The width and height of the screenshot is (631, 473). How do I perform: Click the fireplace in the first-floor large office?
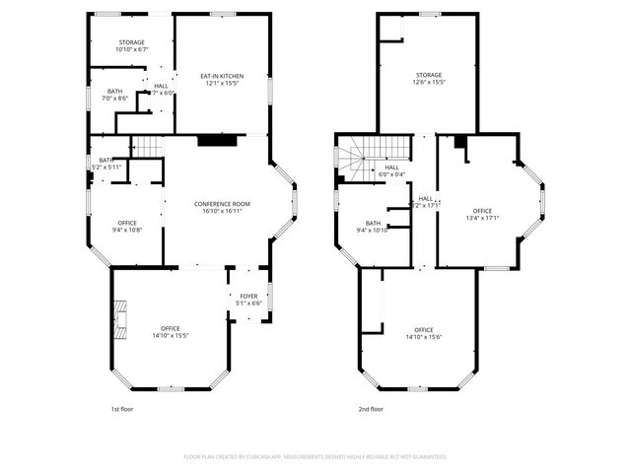pos(118,318)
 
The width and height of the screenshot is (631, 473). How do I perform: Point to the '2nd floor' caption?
pos(371,408)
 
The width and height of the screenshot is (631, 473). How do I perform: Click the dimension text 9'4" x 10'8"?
pos(127,230)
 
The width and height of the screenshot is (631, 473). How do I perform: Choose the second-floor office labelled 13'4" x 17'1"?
pos(482,214)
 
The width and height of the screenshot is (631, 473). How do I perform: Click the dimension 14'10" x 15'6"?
pos(423,337)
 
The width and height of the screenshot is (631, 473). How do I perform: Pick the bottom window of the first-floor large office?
pos(172,388)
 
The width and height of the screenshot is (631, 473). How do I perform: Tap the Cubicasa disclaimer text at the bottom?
pos(315,456)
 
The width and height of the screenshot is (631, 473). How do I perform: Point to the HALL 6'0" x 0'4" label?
pos(391,170)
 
